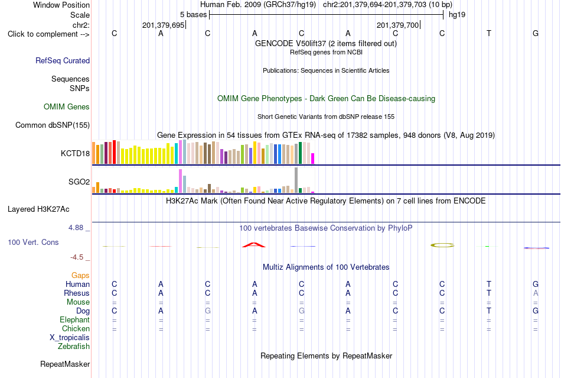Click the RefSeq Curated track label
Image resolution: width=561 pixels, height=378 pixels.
point(63,60)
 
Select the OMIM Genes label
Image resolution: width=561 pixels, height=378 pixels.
point(67,106)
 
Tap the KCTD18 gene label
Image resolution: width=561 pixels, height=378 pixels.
point(75,153)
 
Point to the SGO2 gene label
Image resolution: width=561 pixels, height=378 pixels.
point(79,182)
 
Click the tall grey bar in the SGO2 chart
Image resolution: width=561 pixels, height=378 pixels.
point(296,180)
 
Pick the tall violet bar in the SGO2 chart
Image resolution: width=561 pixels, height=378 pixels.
point(180,181)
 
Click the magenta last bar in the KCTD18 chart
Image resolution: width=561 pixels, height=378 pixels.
point(313,159)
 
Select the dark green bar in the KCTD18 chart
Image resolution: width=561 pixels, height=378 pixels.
point(300,153)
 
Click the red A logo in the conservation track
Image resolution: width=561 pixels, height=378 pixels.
point(254,245)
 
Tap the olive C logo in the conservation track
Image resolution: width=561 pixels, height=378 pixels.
point(442,245)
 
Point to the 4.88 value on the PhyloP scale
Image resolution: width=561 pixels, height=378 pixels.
point(76,228)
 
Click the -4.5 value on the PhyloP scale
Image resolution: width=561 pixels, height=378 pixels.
point(77,257)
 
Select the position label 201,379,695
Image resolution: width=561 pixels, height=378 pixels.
point(163,25)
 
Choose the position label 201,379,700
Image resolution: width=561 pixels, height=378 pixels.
point(397,25)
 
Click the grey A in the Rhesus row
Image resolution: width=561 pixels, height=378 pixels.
point(536,293)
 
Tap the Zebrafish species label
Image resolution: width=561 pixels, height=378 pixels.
point(74,347)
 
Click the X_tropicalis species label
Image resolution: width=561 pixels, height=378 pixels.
point(70,338)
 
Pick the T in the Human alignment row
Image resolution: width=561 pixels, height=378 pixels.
point(489,284)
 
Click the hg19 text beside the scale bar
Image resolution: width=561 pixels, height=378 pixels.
point(457,15)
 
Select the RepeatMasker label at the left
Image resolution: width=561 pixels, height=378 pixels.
point(65,364)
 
